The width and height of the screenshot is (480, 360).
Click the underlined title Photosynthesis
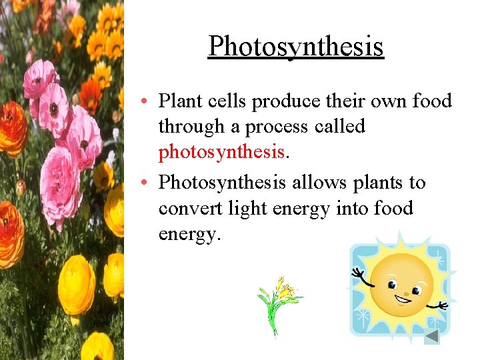(x=296, y=46)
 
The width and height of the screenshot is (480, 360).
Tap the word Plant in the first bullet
(x=180, y=101)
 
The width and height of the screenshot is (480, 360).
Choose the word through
(x=191, y=127)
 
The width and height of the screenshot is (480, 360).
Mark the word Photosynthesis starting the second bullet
(x=222, y=183)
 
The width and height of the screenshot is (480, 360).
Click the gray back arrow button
(x=432, y=336)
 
